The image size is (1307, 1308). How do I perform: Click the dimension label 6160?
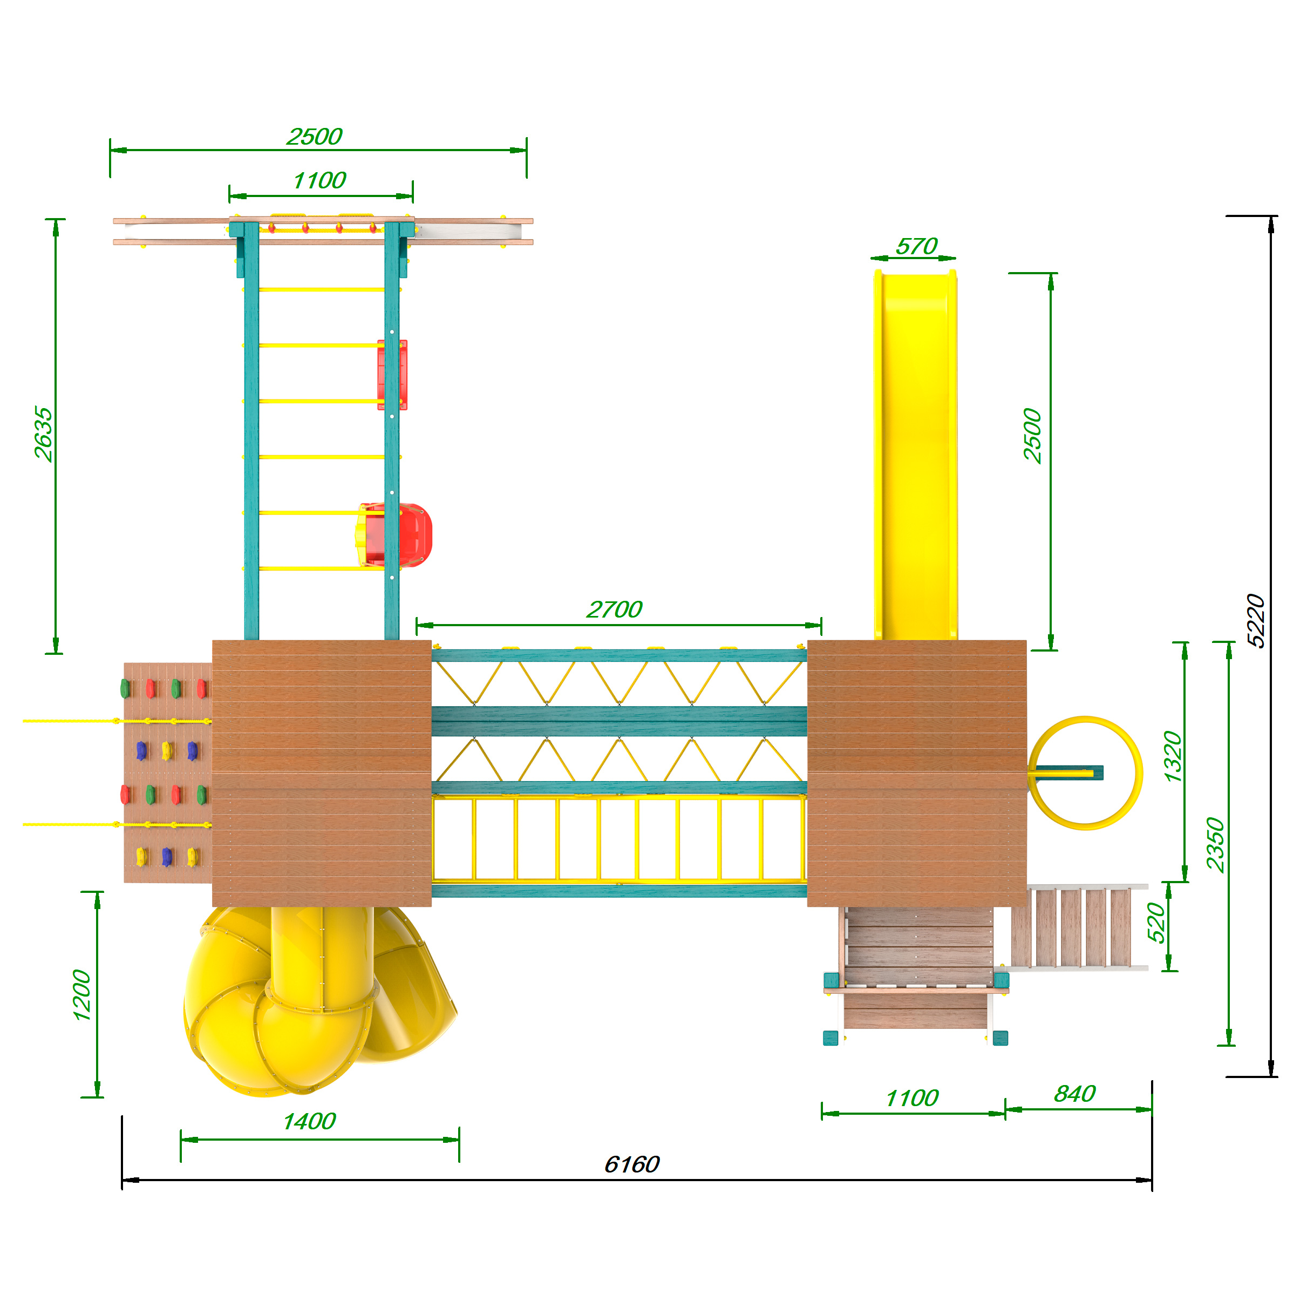pyautogui.click(x=631, y=1164)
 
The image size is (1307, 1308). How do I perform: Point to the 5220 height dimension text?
pyautogui.click(x=1256, y=620)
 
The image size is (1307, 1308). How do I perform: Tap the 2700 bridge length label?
pyautogui.click(x=614, y=609)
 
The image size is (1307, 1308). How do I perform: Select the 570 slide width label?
pyautogui.click(x=916, y=246)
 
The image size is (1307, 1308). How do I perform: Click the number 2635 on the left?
pyautogui.click(x=43, y=434)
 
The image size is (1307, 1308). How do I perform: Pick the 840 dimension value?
pyautogui.click(x=1074, y=1093)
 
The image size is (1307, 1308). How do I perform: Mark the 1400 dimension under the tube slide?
pyautogui.click(x=309, y=1121)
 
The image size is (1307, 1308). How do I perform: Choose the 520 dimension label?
pyautogui.click(x=1156, y=922)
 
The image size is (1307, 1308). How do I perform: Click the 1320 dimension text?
pyautogui.click(x=1172, y=756)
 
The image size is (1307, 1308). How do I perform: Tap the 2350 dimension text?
pyautogui.click(x=1216, y=845)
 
